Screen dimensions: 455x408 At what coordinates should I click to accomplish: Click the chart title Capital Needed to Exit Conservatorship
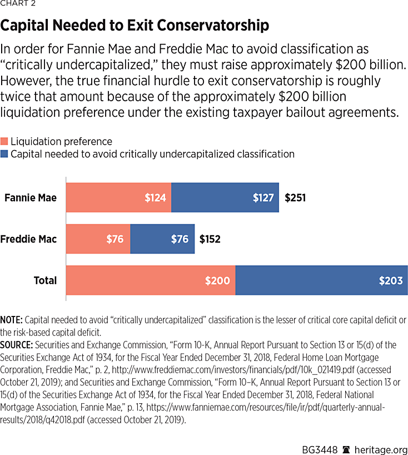tap(135, 26)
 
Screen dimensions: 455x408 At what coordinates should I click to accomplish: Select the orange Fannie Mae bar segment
tap(118, 197)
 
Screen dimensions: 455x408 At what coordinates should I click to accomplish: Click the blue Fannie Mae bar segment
tap(225, 197)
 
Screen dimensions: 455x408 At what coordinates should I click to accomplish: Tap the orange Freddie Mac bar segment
tap(98, 239)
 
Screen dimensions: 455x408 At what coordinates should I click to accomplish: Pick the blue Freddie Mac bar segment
tap(162, 239)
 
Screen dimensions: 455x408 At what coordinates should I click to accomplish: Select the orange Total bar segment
tap(151, 280)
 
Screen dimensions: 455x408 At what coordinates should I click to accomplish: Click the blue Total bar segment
tap(321, 280)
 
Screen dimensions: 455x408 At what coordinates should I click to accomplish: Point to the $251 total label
tap(295, 197)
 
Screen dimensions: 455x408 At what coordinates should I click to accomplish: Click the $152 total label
tap(210, 240)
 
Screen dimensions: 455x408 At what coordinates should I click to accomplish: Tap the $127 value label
tap(263, 197)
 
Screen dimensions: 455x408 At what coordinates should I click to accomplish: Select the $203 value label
tap(391, 281)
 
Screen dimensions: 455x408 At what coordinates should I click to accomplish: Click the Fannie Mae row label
tap(31, 197)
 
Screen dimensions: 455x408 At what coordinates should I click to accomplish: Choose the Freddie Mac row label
tap(28, 240)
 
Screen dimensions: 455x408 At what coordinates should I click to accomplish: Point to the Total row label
tap(45, 281)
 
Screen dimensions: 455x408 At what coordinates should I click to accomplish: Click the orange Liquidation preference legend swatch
tap(4, 142)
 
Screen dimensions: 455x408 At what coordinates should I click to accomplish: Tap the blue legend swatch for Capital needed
tap(4, 154)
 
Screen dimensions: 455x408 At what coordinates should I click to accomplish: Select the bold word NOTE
tap(11, 320)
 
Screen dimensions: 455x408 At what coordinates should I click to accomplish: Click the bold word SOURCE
tap(16, 345)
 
